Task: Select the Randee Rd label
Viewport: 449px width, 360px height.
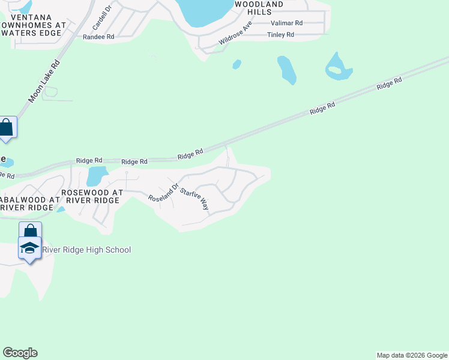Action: [x=98, y=37]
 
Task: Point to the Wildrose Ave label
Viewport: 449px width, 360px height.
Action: [x=235, y=32]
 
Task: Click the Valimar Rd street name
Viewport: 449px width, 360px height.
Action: [x=287, y=23]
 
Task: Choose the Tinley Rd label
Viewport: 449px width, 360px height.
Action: [x=280, y=35]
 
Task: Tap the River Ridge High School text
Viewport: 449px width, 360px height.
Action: [x=87, y=250]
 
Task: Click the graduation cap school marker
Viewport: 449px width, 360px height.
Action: [x=29, y=248]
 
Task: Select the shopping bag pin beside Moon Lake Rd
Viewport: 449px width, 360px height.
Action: [x=7, y=127]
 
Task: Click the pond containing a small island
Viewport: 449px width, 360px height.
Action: [x=338, y=67]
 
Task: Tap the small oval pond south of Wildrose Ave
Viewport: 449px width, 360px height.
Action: [x=237, y=64]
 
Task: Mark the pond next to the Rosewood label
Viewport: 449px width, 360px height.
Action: [x=96, y=176]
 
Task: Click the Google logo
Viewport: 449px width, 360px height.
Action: [x=20, y=353]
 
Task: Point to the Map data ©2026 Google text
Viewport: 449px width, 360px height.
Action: [x=412, y=355]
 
